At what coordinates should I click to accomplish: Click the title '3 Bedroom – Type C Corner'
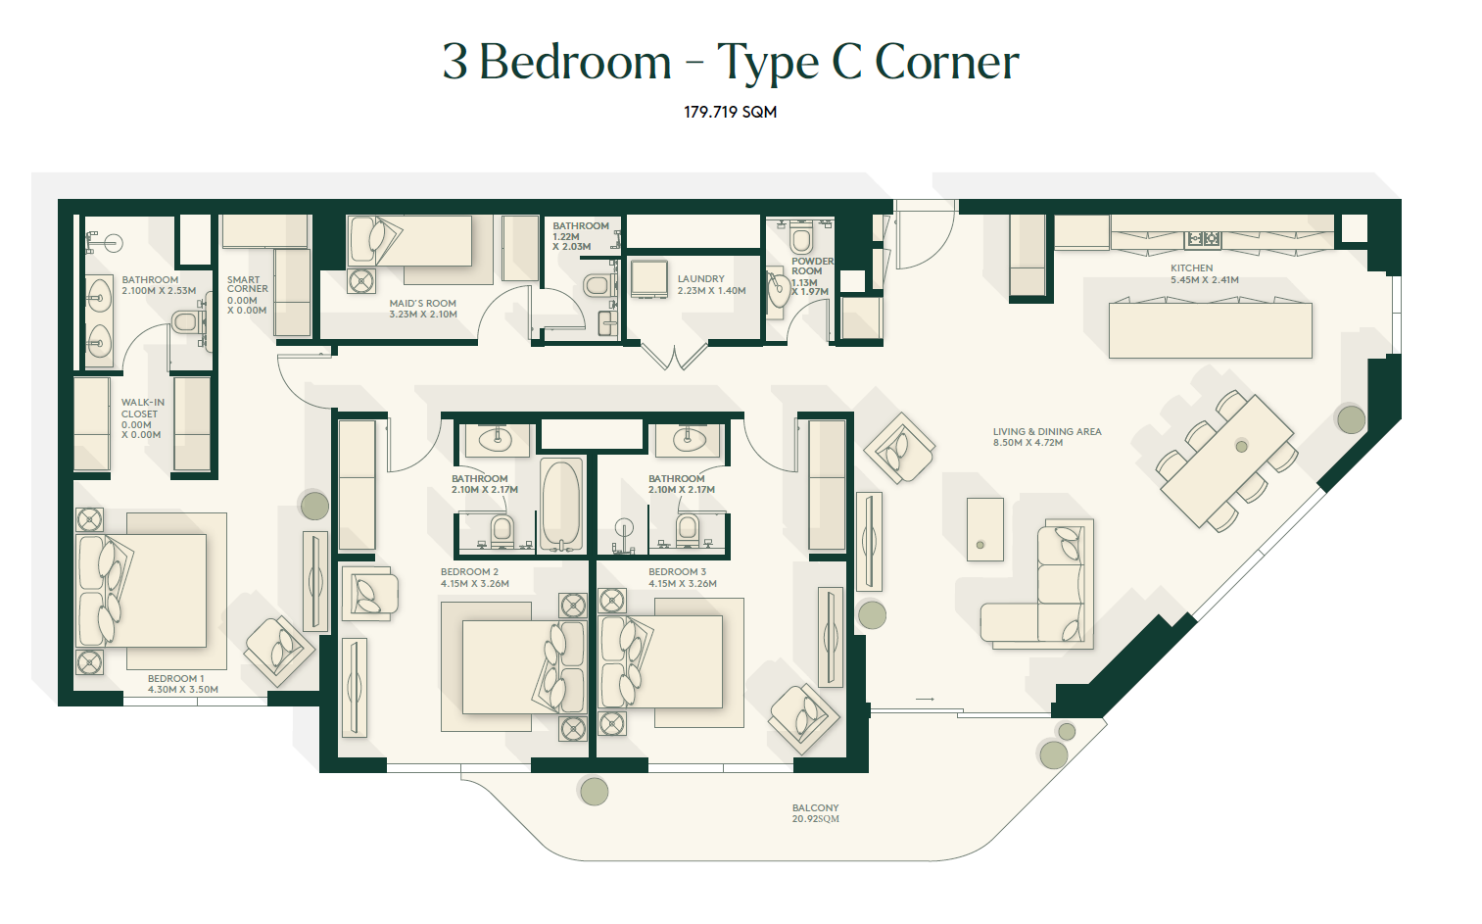coord(731,62)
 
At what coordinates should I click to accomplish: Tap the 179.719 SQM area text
coord(731,112)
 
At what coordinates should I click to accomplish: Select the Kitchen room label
coord(1204,273)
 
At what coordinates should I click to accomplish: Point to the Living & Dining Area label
coord(1047,437)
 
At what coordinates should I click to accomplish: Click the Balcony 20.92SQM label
coord(815,813)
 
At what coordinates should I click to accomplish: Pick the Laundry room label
coord(711,284)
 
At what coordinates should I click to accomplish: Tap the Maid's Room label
coord(423,309)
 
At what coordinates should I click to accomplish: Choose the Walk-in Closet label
coord(142,418)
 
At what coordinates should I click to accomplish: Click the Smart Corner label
coord(248,295)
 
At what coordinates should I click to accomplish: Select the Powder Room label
coord(812,276)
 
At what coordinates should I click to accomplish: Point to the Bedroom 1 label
coord(182,684)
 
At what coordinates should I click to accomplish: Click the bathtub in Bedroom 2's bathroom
coord(561,505)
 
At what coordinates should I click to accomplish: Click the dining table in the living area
coord(1227,461)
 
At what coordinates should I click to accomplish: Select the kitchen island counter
coord(1210,329)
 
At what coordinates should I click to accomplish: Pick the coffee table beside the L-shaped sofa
coord(985,529)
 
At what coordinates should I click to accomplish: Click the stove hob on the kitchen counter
coord(1203,238)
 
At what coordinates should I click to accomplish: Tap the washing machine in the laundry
coord(648,279)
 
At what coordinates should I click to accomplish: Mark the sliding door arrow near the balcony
coord(925,699)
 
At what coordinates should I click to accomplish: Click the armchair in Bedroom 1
coord(279,652)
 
